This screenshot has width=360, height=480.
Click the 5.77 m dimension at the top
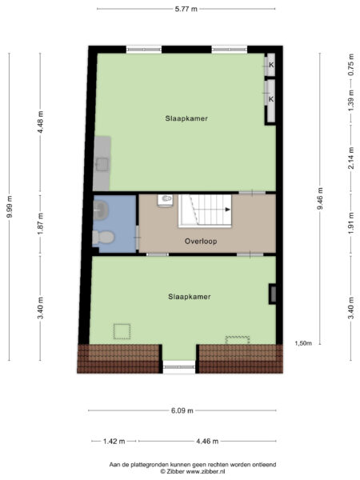tap(186, 9)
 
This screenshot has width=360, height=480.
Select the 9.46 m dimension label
tap(319, 197)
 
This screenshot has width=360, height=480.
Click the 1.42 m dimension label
tap(115, 441)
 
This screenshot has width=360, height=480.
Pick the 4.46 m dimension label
tap(207, 441)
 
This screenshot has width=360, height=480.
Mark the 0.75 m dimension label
tap(350, 65)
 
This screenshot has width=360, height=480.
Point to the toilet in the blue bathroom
tap(102, 237)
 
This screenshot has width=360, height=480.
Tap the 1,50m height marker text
tap(302, 343)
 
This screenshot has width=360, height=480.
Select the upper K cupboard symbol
tap(271, 65)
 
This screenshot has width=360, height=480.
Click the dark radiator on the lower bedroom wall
tap(274, 294)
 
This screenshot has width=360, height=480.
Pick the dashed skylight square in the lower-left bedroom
tap(122, 331)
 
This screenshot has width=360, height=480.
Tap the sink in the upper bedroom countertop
tap(102, 164)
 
